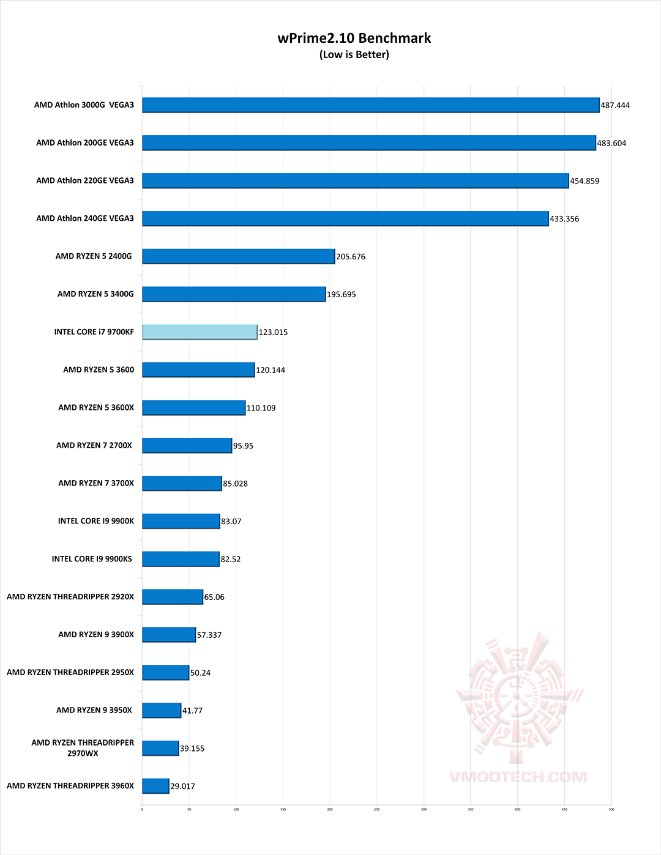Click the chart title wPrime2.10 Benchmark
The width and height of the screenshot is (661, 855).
(x=354, y=38)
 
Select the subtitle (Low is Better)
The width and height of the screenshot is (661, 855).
(x=354, y=54)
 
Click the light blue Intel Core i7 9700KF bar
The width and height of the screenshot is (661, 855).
(x=200, y=332)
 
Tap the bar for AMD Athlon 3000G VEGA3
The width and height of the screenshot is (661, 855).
(x=370, y=105)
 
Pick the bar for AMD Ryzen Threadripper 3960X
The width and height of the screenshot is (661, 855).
(x=155, y=786)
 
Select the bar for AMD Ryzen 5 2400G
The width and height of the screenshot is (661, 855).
(x=238, y=256)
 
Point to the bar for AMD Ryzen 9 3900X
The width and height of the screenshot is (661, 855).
(x=169, y=635)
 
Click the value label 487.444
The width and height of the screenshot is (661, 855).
(x=615, y=105)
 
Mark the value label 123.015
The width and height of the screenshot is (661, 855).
(x=273, y=332)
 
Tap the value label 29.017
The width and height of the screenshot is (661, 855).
(x=182, y=786)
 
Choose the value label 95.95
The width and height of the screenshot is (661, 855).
(x=243, y=446)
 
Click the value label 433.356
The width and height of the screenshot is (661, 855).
(x=564, y=219)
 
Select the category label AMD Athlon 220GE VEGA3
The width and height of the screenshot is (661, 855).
(x=85, y=180)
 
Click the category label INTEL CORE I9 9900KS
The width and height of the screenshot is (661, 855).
(x=92, y=559)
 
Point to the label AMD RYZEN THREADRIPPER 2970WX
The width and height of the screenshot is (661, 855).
(x=83, y=748)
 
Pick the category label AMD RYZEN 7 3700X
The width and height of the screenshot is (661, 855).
(x=96, y=483)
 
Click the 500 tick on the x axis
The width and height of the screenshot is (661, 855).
(x=611, y=809)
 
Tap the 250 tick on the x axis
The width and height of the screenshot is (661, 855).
(x=376, y=809)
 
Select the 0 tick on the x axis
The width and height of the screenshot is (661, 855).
(x=142, y=809)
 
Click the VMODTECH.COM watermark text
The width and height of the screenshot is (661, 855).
(x=518, y=777)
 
